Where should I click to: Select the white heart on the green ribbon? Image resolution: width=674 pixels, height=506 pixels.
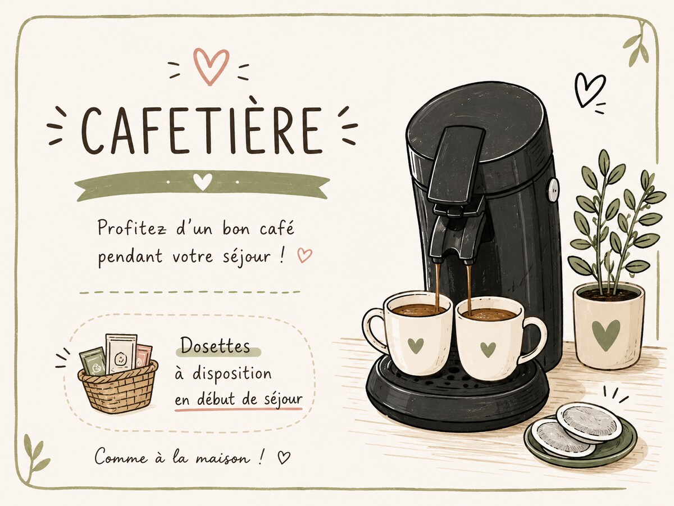coord(203,182)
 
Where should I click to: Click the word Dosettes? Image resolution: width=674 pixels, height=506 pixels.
coord(215,346)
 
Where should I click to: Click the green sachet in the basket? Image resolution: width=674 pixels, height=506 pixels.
coord(93,362)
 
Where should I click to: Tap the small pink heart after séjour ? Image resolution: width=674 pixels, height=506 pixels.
coord(304,255)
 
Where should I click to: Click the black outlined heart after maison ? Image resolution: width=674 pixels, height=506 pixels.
coord(284,457)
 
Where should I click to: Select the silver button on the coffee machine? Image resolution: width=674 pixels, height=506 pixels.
coord(553,190)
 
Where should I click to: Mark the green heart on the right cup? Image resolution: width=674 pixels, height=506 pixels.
coord(488,350)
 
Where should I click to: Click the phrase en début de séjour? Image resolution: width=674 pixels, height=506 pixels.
coord(239,400)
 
